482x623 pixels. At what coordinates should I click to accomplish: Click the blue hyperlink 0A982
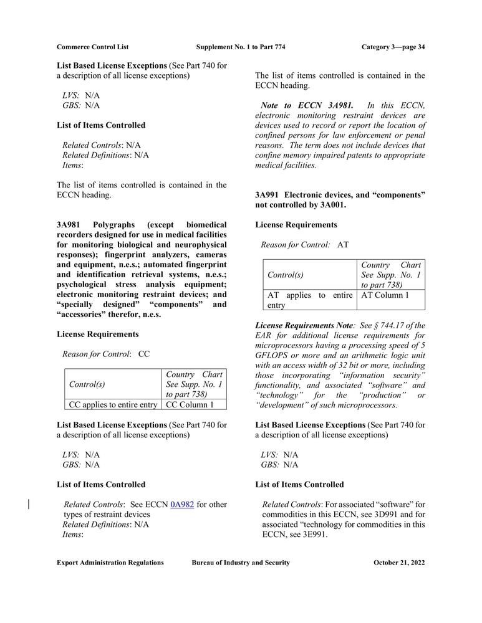[x=182, y=505]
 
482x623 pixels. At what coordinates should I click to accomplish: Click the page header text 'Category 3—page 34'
[x=393, y=47]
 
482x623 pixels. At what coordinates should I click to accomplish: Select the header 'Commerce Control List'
[x=93, y=47]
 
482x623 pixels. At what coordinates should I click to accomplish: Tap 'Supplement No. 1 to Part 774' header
[x=241, y=47]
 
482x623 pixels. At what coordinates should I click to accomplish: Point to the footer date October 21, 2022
[x=399, y=563]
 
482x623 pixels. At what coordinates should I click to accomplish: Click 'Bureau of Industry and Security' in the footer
[x=241, y=563]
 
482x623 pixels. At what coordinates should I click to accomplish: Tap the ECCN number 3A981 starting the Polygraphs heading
[x=70, y=224]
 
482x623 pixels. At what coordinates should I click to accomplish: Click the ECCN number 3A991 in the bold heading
[x=268, y=195]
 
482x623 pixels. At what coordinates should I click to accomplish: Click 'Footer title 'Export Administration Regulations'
[x=110, y=563]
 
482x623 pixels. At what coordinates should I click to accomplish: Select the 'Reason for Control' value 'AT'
[x=343, y=245]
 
